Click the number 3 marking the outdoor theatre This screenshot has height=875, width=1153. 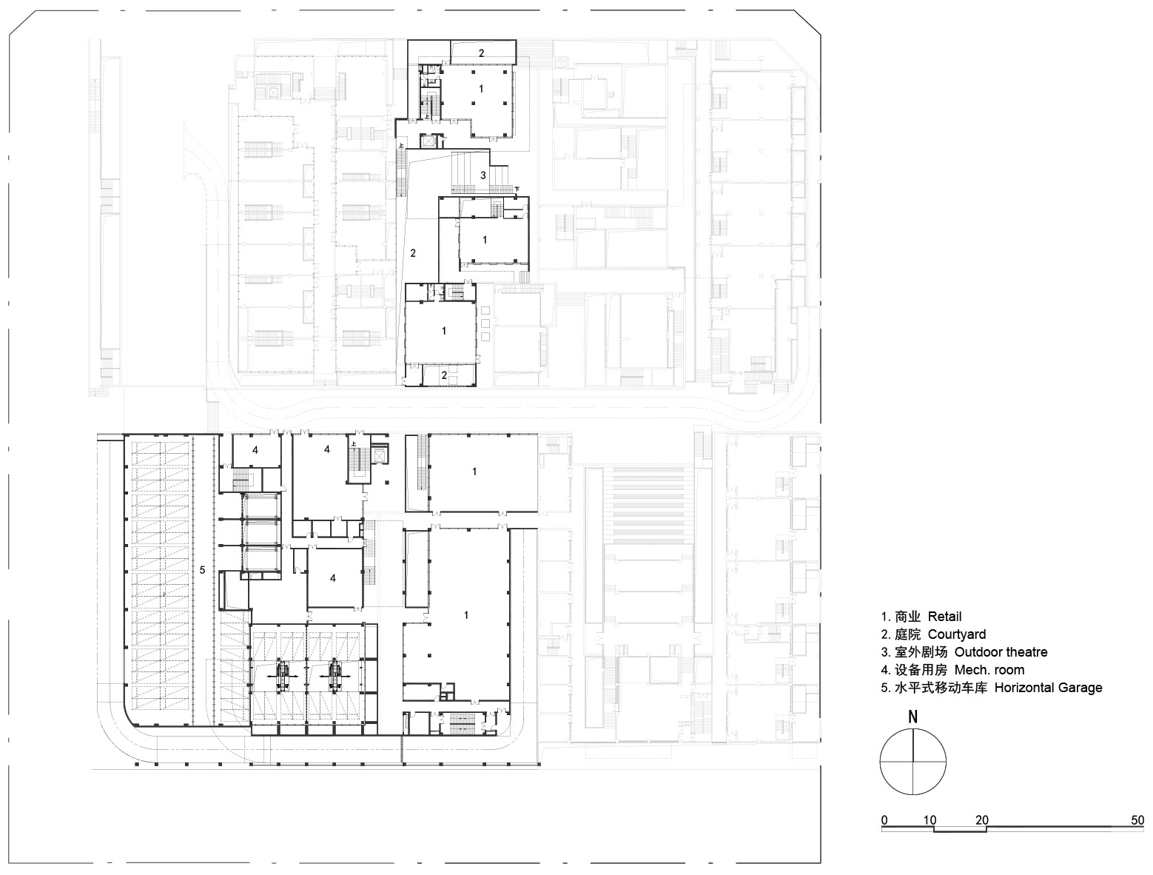click(483, 175)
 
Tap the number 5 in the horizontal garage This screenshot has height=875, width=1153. click(202, 570)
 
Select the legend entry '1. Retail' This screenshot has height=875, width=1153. click(921, 617)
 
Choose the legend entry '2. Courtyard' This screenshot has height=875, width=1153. click(932, 634)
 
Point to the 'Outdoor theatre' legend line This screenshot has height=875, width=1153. click(964, 652)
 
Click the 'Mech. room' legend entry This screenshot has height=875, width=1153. click(952, 670)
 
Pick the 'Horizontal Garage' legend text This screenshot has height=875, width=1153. click(991, 688)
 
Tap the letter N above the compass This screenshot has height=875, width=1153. click(913, 717)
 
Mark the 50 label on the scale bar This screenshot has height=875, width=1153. click(1137, 820)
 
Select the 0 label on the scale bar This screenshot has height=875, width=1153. click(884, 820)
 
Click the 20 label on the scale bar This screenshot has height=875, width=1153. click(982, 820)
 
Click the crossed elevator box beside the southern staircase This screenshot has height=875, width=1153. click(380, 455)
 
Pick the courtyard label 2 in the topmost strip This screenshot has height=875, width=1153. click(481, 53)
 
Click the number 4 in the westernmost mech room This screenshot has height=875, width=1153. click(255, 449)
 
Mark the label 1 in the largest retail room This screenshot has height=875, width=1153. click(466, 615)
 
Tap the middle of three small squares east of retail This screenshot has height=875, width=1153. click(485, 323)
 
